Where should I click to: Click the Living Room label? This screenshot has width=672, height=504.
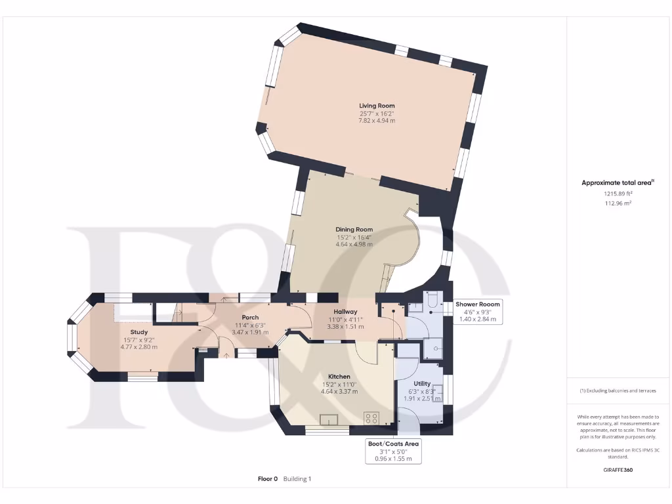(377, 105)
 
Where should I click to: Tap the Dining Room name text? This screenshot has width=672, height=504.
(354, 229)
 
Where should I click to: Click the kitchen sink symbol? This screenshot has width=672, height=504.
(329, 419)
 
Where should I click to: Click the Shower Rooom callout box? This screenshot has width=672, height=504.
(478, 312)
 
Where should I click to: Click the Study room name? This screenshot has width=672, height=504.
(138, 332)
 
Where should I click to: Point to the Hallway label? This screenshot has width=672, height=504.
(345, 312)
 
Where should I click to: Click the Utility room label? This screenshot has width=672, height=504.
(422, 383)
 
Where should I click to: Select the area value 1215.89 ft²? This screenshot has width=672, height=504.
(618, 194)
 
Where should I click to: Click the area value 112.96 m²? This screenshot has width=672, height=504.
(618, 203)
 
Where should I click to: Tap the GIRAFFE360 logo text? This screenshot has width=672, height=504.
(618, 470)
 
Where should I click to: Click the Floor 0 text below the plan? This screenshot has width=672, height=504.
(268, 479)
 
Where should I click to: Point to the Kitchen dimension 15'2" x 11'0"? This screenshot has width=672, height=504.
(339, 384)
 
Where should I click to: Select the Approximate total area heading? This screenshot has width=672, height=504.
(618, 183)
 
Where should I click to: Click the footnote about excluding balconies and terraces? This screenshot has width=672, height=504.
(618, 390)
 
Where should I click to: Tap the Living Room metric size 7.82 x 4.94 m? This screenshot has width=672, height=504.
(377, 121)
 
